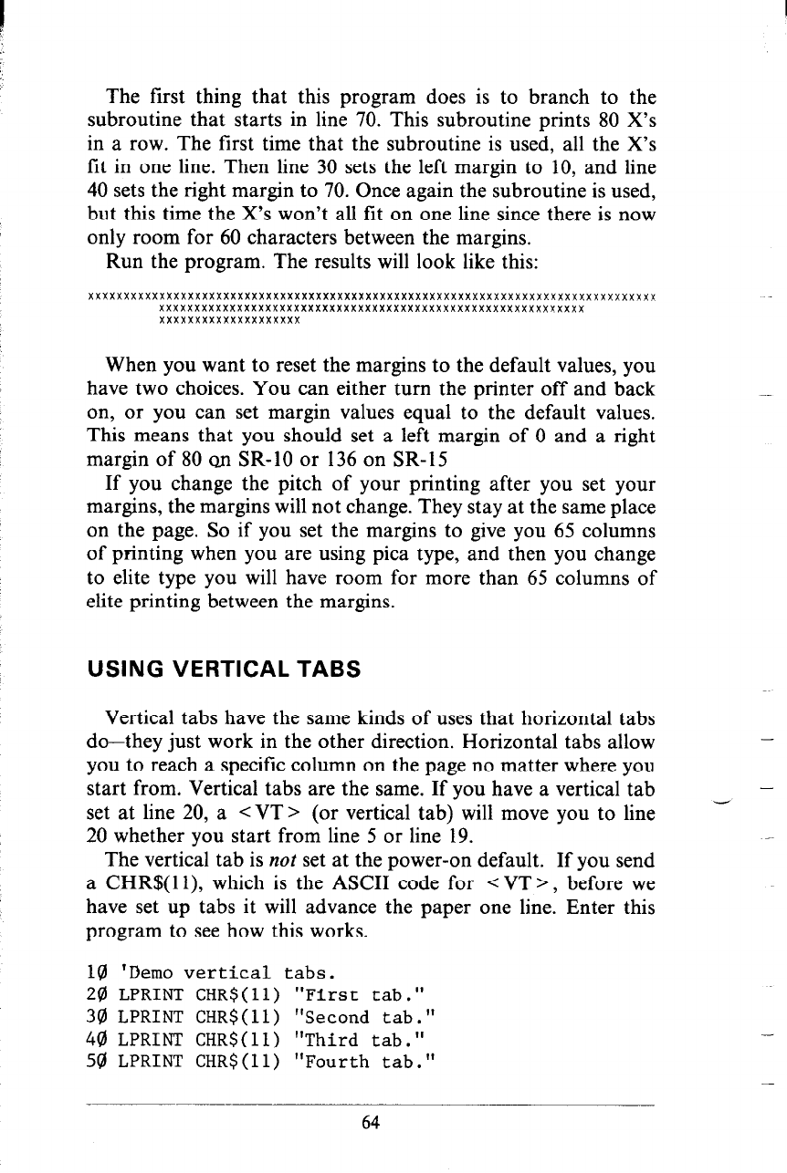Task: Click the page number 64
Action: [370, 1123]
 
